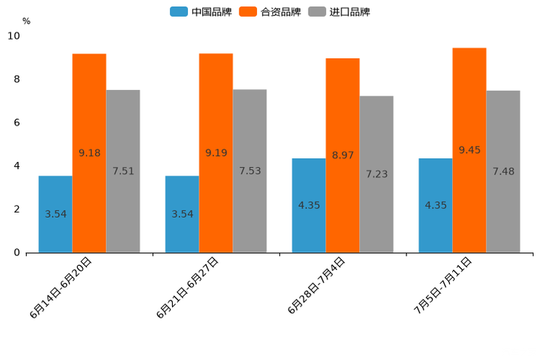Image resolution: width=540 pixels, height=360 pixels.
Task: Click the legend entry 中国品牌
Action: point(201,12)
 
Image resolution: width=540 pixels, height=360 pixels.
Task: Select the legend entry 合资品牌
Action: point(270,12)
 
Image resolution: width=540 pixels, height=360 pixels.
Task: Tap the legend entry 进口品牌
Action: point(339,12)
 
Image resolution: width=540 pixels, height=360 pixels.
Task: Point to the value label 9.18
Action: point(89,153)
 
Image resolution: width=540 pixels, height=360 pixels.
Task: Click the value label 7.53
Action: point(250,171)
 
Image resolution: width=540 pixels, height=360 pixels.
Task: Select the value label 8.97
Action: point(343,155)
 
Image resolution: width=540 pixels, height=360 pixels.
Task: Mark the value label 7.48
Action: point(503,171)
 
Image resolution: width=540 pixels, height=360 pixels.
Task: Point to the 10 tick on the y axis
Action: point(14,36)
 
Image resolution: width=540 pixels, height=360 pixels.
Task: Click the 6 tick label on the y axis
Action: point(17,123)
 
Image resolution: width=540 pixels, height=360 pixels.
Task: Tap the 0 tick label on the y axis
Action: point(17,253)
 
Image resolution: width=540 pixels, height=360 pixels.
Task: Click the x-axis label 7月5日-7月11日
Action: point(443,285)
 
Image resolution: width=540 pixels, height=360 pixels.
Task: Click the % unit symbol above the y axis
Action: point(26,21)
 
